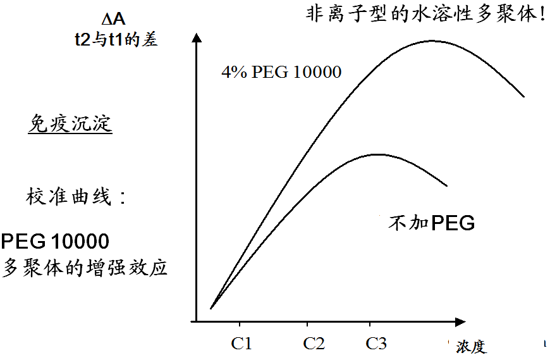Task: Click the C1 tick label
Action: [241, 344]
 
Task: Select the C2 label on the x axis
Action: [314, 344]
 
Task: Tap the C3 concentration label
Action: [376, 344]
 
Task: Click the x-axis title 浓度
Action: [471, 347]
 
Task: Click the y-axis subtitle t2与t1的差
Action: [114, 39]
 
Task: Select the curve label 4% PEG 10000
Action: [281, 72]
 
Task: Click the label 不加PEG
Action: [431, 223]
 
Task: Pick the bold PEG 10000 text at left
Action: [55, 241]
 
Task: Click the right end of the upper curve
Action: [524, 97]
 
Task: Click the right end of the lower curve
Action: [447, 186]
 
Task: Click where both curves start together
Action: [211, 308]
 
